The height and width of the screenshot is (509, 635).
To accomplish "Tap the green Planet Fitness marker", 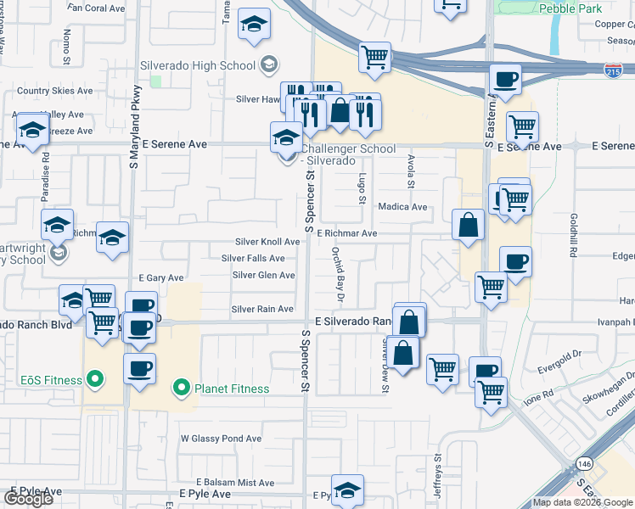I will pyautogui.click(x=180, y=389).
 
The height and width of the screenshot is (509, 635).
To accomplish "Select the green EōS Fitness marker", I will pyautogui.click(x=95, y=378).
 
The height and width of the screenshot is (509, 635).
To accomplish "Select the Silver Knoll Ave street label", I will pyautogui.click(x=267, y=242).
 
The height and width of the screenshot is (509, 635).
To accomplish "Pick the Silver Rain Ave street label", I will pyautogui.click(x=262, y=310).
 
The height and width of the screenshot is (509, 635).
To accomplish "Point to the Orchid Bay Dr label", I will pyautogui.click(x=336, y=274).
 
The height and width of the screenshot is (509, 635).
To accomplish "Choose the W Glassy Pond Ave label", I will pyautogui.click(x=221, y=439).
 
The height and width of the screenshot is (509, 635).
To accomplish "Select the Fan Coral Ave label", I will pyautogui.click(x=96, y=8).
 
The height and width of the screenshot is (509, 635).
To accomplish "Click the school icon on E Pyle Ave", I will pyautogui.click(x=347, y=489).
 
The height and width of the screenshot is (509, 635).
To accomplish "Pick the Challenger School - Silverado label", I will pyautogui.click(x=346, y=154).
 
